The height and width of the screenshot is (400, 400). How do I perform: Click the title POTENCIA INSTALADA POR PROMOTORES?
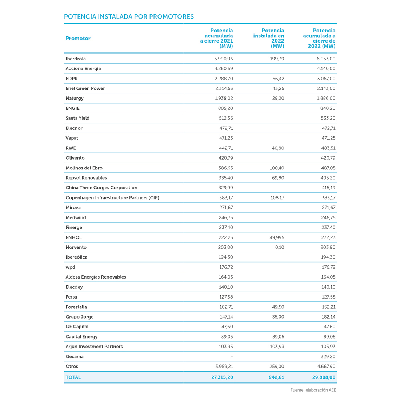point(129,17)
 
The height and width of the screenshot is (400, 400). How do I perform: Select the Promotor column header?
point(78,39)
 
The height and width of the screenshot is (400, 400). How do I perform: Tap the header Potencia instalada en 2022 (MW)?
point(269,38)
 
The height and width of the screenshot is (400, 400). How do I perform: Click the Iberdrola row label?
point(76,59)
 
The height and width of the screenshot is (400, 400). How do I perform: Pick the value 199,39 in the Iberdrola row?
point(277,59)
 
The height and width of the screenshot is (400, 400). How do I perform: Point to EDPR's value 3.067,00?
point(324,79)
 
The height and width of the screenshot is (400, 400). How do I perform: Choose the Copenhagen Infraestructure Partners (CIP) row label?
point(112,198)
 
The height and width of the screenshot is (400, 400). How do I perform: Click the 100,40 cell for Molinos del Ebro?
point(277,168)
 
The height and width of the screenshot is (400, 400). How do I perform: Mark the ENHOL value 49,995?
point(276,237)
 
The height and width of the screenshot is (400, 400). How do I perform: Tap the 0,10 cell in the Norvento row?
point(280,247)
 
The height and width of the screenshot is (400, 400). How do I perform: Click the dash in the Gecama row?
point(232,357)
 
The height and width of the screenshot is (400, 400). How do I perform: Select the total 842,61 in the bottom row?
point(276,377)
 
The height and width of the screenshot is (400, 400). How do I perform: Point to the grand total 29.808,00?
point(324,377)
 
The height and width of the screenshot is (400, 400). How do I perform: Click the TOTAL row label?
point(73,377)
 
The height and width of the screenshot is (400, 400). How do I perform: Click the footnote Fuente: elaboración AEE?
point(313,390)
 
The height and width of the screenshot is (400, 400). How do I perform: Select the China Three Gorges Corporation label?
point(101,188)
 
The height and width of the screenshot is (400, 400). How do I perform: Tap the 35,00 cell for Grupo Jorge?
point(278,317)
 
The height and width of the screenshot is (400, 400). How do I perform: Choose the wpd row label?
point(70,267)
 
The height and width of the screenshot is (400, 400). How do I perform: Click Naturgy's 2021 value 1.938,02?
point(221,98)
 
